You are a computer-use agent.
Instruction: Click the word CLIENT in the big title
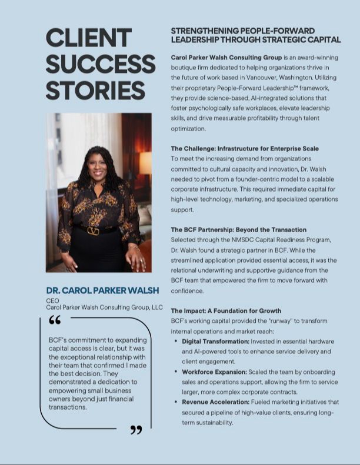(x=88, y=38)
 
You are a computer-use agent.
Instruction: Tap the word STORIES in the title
(x=95, y=91)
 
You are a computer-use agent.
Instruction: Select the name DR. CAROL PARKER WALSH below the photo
(x=103, y=290)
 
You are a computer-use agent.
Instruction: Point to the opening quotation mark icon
(x=55, y=320)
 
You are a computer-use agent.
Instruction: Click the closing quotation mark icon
(x=136, y=431)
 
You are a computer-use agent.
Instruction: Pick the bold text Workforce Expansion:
(x=214, y=372)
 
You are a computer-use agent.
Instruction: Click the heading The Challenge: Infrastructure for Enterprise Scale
(x=245, y=149)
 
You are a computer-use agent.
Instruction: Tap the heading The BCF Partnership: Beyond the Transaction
(x=238, y=230)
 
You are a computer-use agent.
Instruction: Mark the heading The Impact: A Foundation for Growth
(x=226, y=310)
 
